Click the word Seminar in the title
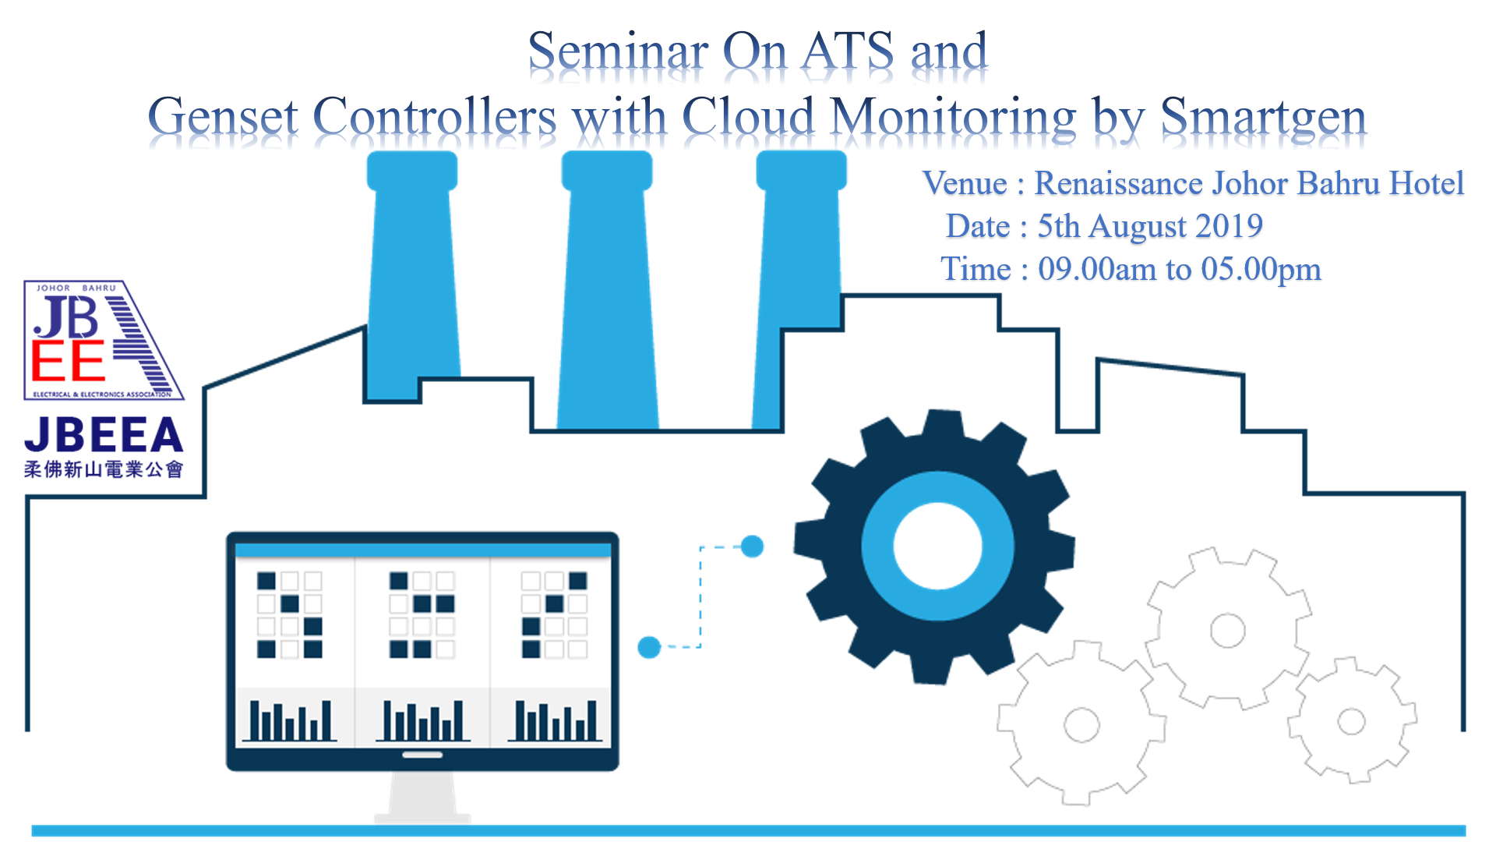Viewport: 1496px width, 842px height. pos(618,51)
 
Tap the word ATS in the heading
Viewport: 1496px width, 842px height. pos(848,51)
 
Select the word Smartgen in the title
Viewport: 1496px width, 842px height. pos(1263,119)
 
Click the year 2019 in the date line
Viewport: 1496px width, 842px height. pos(1229,227)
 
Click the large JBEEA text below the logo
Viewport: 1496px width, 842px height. pos(104,435)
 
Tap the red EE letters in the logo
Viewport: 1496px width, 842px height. pos(68,360)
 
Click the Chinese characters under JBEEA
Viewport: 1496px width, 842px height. pos(104,469)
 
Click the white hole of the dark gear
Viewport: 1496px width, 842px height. pos(937,547)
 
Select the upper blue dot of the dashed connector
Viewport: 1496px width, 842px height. pos(752,547)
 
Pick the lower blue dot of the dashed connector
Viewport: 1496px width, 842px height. pos(649,647)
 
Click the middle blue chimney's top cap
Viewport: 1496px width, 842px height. pos(607,171)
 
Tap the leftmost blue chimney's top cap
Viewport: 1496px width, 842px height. pos(412,171)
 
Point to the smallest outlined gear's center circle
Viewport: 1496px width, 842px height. pos(1351,721)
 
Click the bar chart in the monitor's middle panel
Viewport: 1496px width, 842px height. pos(422,720)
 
